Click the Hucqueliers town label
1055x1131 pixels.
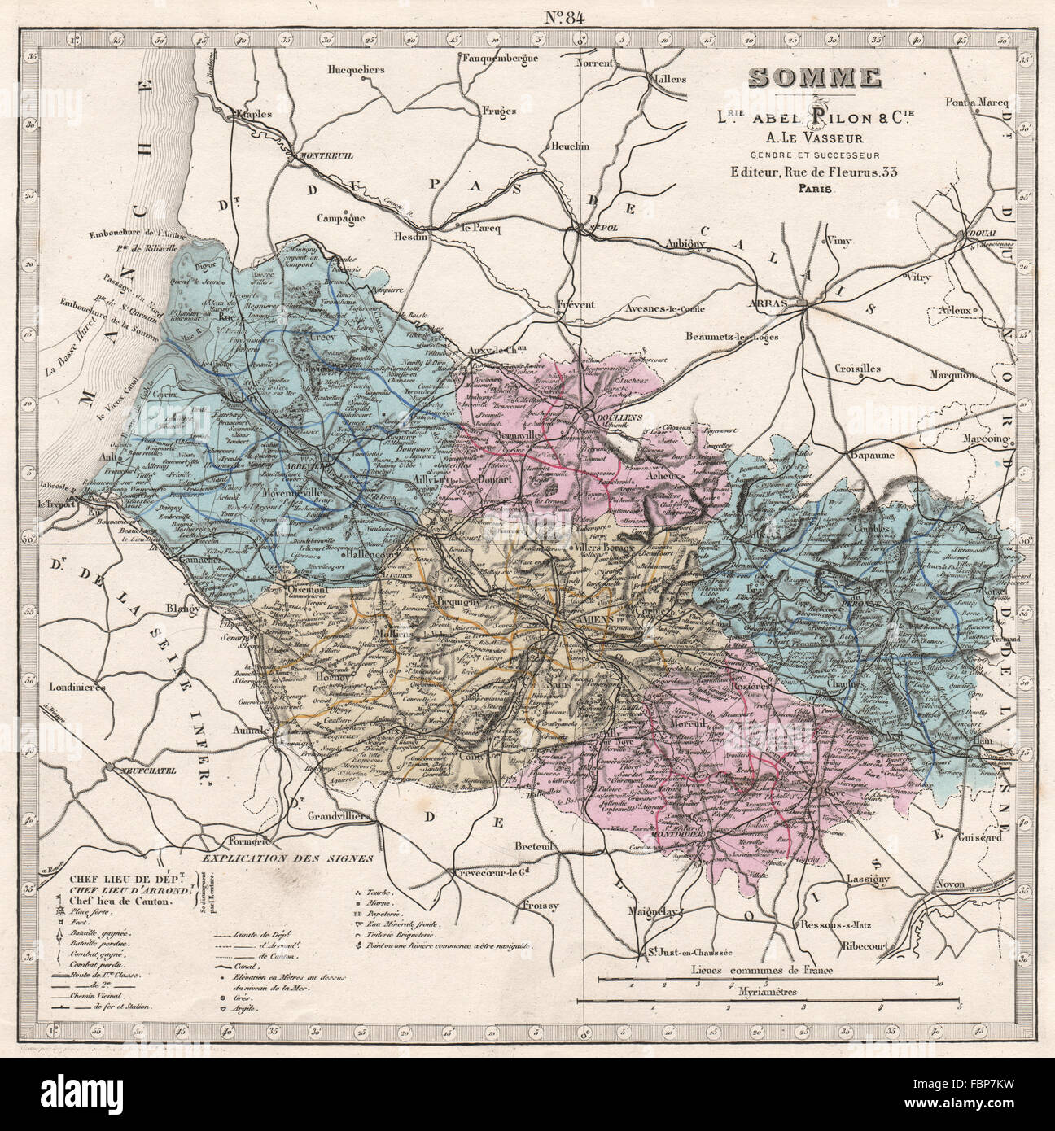tap(355, 70)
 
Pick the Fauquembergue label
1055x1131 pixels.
tap(501, 58)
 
